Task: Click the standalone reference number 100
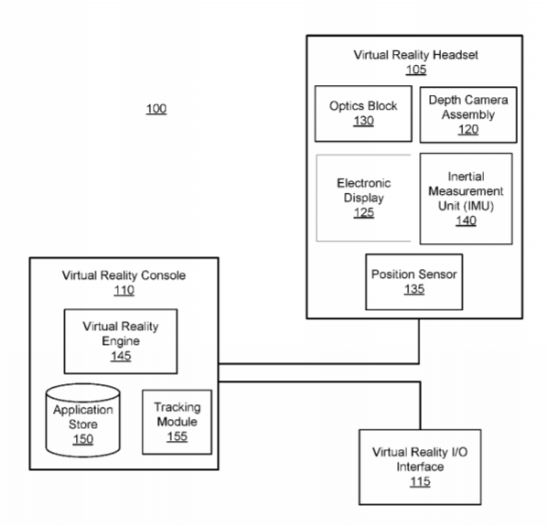point(156,109)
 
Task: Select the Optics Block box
point(363,113)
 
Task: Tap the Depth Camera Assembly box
point(468,114)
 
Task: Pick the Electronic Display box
point(363,198)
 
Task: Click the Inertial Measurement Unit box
point(467,199)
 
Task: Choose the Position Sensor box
point(414,282)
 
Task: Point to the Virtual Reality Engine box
point(121,341)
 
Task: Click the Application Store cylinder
point(83,421)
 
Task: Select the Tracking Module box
point(177,422)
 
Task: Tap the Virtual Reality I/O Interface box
point(420,467)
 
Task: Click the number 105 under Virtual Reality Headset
point(416,70)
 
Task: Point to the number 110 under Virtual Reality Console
point(124,290)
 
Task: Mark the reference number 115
point(420,481)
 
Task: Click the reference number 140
point(467,220)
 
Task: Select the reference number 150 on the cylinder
point(83,439)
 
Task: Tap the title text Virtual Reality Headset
point(416,55)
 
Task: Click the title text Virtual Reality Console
point(124,275)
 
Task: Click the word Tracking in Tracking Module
point(177,407)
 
